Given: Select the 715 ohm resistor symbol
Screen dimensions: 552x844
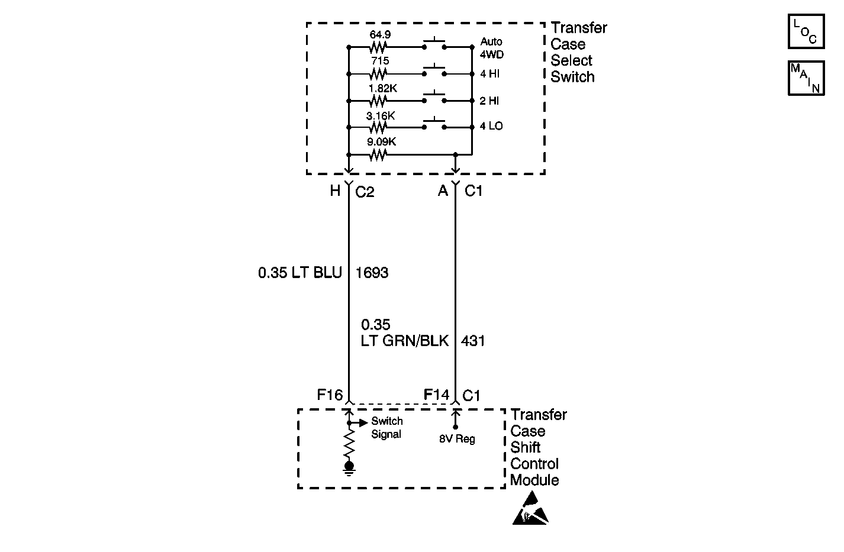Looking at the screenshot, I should [378, 74].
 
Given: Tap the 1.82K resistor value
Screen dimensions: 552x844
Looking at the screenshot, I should [383, 88].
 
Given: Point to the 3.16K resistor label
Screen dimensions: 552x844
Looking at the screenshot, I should [381, 115].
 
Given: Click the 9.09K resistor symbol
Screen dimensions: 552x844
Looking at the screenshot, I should [378, 155].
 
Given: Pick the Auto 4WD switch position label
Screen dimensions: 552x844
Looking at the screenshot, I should [491, 48].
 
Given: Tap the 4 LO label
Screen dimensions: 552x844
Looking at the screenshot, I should [491, 126].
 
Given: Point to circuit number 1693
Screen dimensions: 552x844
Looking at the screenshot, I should [372, 273].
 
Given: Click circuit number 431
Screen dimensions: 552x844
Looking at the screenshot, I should [473, 341].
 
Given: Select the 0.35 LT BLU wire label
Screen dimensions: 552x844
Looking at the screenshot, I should [300, 273].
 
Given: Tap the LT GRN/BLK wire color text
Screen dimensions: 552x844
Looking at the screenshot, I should [405, 341].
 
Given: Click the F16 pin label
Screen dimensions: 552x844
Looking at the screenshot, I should [330, 395].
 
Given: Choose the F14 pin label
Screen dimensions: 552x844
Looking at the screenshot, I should [436, 395].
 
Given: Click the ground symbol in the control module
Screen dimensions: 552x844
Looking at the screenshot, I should [349, 468].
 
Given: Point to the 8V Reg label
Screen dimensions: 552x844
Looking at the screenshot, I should [457, 439].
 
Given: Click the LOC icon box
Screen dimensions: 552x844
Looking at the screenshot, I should [806, 32].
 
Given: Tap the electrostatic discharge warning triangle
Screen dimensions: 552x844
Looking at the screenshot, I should [530, 508].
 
